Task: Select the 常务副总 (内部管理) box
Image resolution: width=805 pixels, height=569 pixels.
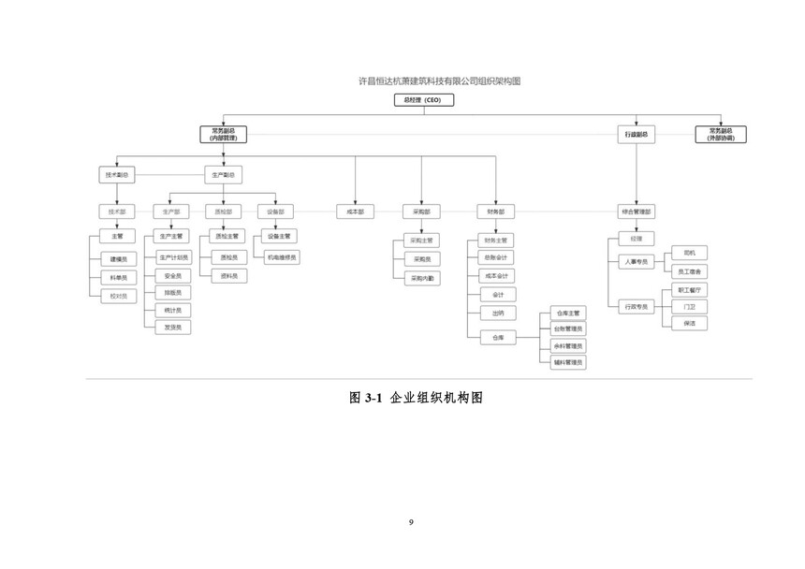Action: pos(223,134)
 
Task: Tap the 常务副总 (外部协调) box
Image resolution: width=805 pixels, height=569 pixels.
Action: pos(721,134)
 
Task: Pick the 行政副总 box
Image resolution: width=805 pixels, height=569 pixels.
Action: pos(637,135)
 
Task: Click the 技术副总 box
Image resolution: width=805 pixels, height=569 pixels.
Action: pos(117,175)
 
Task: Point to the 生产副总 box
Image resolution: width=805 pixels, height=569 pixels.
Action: pos(223,175)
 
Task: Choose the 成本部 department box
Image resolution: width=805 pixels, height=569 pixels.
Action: pos(355,212)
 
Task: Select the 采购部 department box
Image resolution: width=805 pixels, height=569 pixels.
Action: pos(420,212)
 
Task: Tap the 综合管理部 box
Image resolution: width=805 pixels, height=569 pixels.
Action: pos(637,212)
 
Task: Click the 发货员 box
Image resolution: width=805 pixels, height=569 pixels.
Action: pos(173,328)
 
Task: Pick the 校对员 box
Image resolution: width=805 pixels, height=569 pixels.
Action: pos(118,296)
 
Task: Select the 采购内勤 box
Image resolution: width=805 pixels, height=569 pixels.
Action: pos(420,279)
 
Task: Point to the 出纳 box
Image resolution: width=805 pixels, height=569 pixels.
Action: pos(496,313)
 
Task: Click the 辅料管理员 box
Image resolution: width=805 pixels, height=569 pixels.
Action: pos(568,361)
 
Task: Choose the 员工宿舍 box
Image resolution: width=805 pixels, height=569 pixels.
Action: pos(689,271)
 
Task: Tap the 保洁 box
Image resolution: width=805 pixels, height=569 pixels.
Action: pos(689,323)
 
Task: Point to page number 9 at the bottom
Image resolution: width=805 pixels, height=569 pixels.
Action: pos(411,521)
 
